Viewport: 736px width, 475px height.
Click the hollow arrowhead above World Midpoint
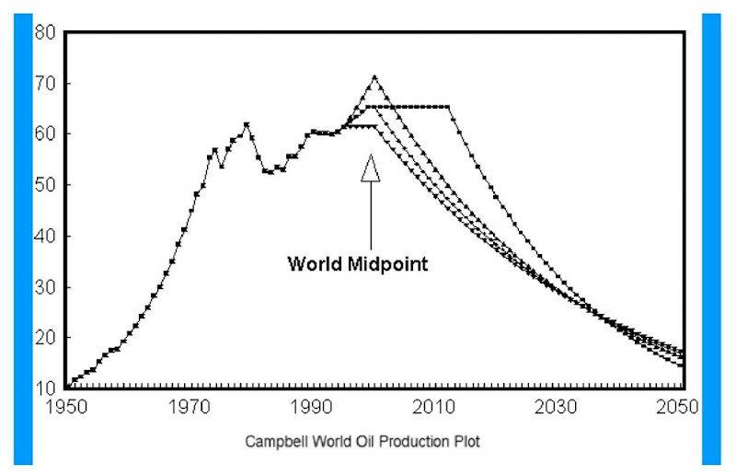tap(370, 168)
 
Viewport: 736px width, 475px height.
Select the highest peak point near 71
tap(374, 77)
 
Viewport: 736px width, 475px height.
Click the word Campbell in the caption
tap(275, 442)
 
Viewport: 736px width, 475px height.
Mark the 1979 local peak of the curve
tap(247, 124)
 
